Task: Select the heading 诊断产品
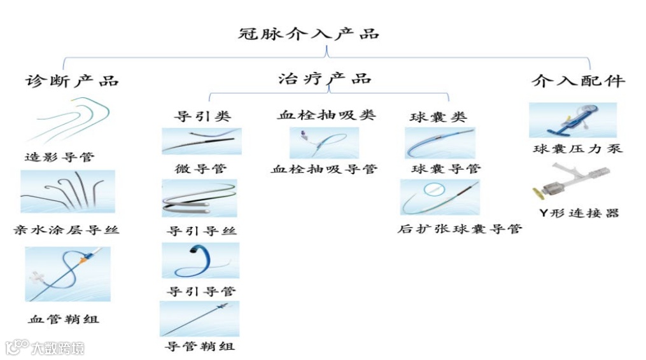point(72,81)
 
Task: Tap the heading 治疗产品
point(325,79)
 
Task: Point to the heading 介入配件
point(578,81)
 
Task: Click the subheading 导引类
point(202,116)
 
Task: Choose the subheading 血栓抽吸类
point(327,115)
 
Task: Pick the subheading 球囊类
point(439,117)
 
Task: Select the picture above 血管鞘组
point(67,274)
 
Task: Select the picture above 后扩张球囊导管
point(440,197)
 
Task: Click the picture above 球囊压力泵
point(573,120)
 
